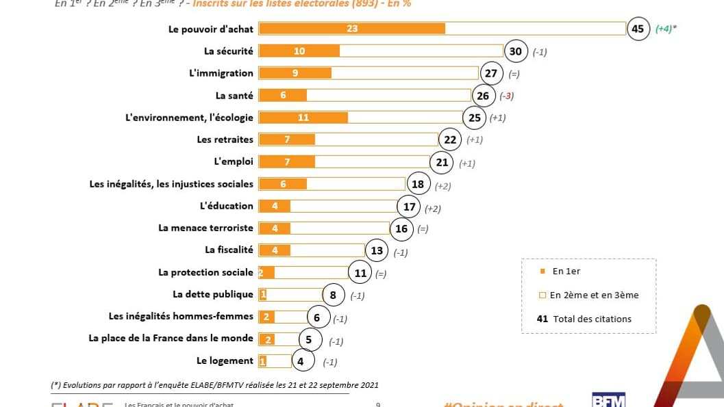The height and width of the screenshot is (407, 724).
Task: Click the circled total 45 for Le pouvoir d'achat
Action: [638, 29]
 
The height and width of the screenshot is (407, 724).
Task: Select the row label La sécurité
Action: [228, 51]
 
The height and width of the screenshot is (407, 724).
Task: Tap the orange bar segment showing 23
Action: [352, 29]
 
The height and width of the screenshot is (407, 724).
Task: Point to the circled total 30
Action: [516, 51]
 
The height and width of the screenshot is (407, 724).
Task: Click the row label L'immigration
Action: [221, 73]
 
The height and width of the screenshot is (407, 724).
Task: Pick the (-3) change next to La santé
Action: [506, 96]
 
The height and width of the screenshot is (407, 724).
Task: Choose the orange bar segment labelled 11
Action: [303, 118]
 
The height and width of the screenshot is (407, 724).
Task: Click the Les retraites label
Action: [225, 140]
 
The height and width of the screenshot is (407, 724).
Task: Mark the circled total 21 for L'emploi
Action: [442, 162]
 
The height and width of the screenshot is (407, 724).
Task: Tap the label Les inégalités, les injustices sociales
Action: [171, 184]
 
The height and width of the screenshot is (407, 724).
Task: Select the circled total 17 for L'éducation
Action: [409, 207]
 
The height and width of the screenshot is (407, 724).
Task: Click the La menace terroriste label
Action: [205, 228]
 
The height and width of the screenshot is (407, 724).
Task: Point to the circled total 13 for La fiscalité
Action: [377, 250]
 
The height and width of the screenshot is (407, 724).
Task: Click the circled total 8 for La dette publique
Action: [333, 295]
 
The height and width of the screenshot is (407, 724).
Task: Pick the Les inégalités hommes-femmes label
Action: [181, 317]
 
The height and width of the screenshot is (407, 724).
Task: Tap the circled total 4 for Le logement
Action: [302, 361]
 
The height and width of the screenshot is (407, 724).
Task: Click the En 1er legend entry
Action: [566, 272]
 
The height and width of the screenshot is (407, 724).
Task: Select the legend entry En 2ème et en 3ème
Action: [593, 296]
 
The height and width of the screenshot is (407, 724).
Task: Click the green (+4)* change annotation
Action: [666, 29]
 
